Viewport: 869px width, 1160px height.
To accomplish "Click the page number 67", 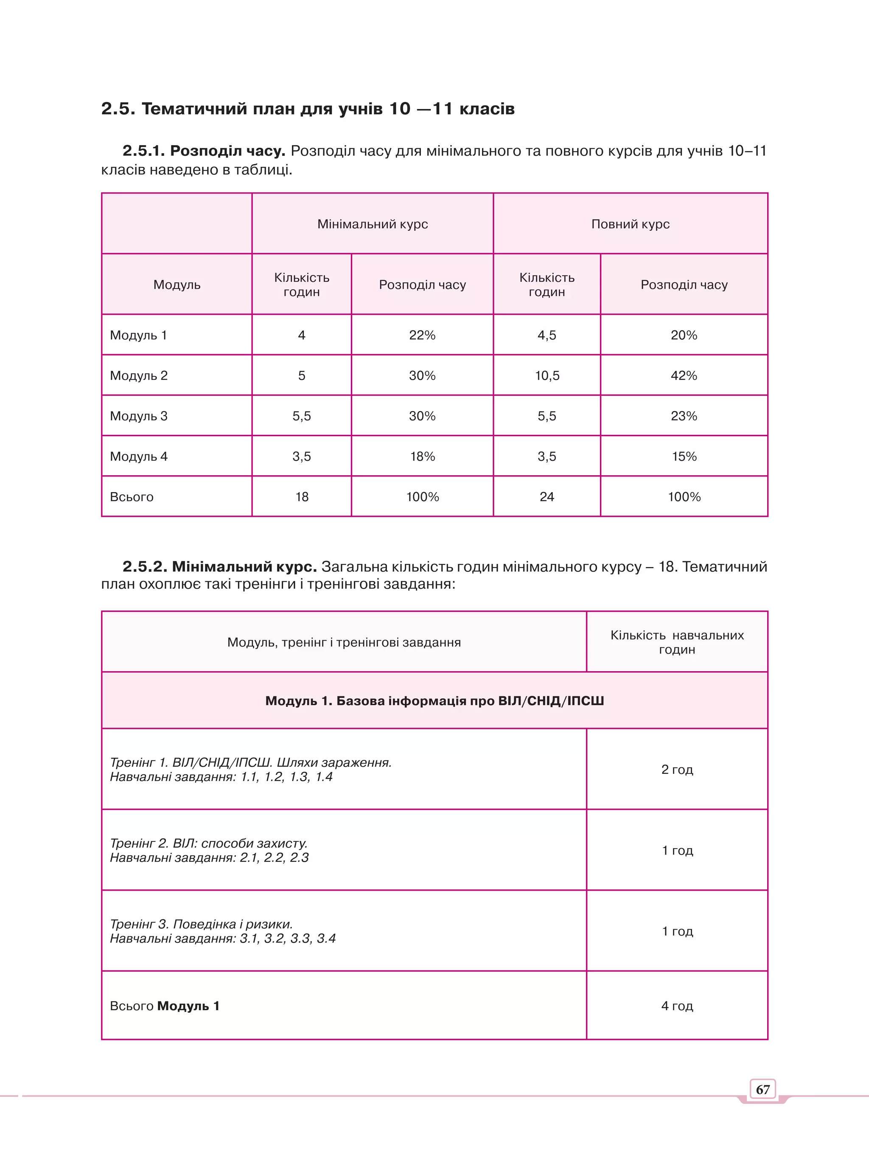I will point(762,1089).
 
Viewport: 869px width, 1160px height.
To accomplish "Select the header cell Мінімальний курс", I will point(373,224).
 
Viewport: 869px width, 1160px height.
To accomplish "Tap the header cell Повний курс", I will point(631,224).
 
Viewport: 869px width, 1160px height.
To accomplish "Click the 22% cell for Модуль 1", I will point(422,335).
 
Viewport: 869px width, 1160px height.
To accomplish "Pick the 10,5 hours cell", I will point(547,375).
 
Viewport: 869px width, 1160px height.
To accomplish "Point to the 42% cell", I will point(684,375).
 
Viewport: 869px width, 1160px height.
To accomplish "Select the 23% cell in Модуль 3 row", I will point(684,416).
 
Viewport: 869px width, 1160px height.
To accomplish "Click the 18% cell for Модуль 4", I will point(422,456).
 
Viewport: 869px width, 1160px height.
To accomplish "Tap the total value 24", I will point(547,496).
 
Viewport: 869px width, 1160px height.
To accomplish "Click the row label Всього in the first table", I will point(132,496).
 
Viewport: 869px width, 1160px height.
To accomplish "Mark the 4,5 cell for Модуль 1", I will point(547,335).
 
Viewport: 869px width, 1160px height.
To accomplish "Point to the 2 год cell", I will point(677,769).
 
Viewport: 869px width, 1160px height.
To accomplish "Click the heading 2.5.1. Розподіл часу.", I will point(204,151).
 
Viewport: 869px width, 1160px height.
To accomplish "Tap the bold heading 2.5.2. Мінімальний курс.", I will point(220,566).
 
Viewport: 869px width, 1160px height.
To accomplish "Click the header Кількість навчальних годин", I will point(677,642).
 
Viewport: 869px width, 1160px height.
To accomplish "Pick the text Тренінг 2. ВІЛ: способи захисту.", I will point(209,843).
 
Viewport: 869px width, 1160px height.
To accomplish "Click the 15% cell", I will point(684,456).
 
